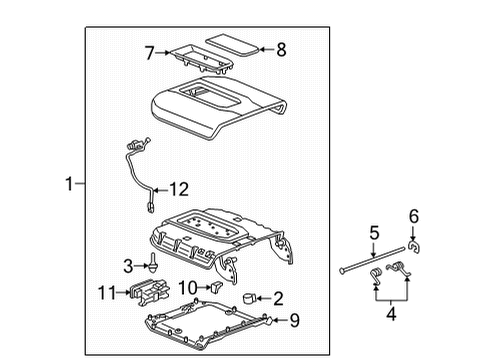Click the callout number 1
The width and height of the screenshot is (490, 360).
coord(67,183)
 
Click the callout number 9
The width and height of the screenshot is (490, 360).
coord(294,320)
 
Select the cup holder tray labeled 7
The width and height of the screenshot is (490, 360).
coord(196,56)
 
